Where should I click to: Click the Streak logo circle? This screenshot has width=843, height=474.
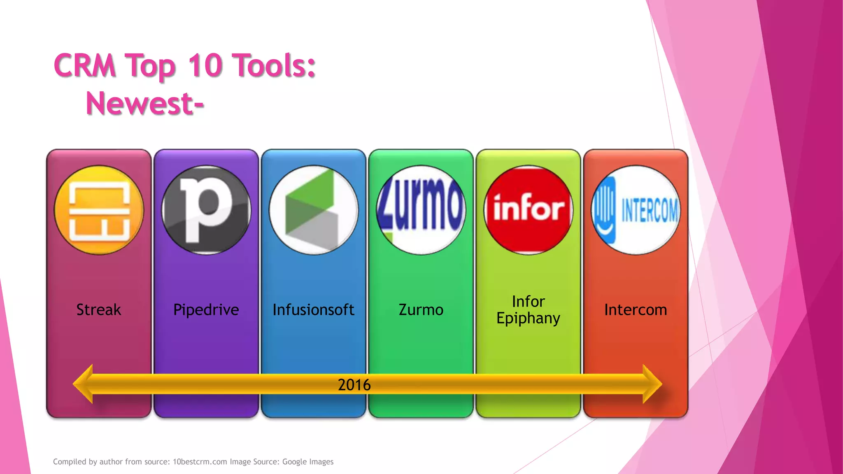[99, 210]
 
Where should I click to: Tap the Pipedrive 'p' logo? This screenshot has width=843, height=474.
[206, 210]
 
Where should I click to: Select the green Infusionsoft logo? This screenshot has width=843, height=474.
[314, 210]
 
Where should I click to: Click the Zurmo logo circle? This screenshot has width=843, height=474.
[421, 210]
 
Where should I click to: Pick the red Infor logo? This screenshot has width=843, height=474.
[529, 210]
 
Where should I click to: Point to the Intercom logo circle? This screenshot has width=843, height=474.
[636, 210]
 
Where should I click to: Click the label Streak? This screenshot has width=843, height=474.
[99, 309]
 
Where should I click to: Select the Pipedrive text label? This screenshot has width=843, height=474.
[206, 309]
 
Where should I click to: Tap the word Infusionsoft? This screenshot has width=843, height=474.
[314, 309]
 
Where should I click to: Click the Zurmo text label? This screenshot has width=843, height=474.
[421, 309]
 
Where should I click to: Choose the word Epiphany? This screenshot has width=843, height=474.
[528, 318]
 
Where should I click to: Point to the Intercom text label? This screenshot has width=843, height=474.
[636, 309]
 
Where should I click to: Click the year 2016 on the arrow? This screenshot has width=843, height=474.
[354, 385]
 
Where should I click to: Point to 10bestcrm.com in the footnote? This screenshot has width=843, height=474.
[200, 462]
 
